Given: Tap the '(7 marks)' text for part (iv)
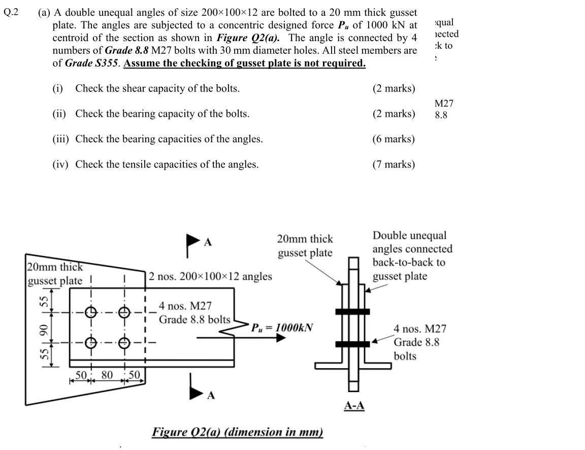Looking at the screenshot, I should tap(394, 164).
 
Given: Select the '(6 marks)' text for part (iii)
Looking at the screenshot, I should tap(394, 139).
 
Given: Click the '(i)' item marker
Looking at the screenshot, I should tap(57, 88).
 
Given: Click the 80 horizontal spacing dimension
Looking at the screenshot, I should tap(107, 375).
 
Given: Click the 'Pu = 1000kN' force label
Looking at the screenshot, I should tap(282, 327).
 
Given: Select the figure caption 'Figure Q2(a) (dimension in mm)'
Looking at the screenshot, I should tap(237, 432).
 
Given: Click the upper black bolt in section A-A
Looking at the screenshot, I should tap(352, 311).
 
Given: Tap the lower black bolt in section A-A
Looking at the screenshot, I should tap(352, 344).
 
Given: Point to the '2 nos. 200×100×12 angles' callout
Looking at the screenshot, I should tap(211, 277).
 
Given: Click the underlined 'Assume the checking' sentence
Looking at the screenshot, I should tap(244, 63).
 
